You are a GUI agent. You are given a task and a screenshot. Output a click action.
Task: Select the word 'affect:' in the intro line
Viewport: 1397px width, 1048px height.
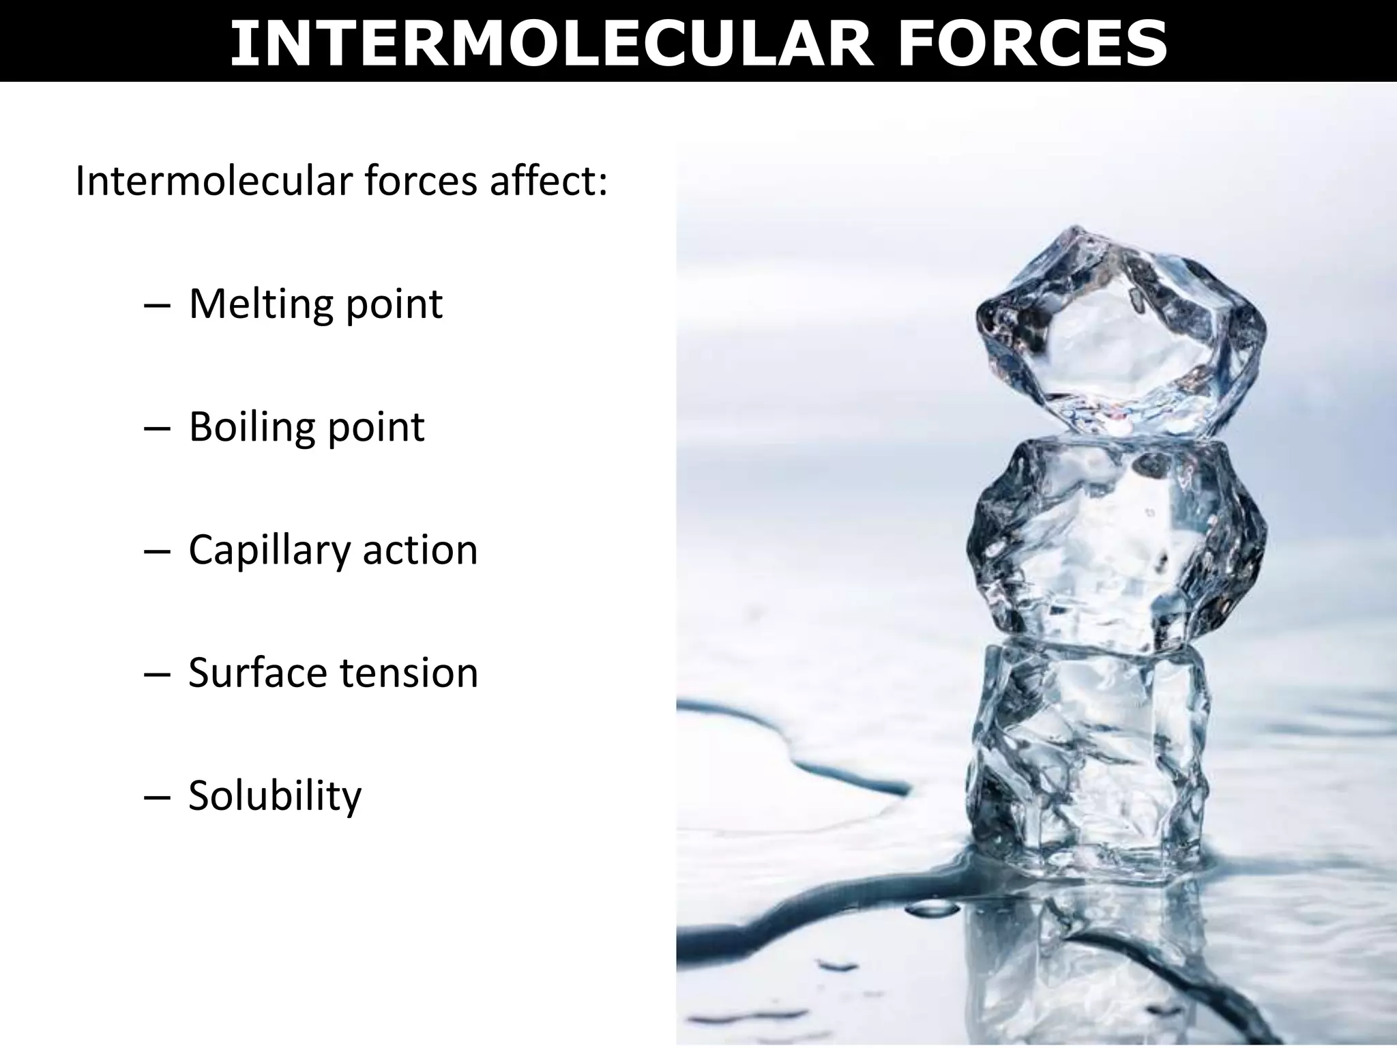[x=548, y=181]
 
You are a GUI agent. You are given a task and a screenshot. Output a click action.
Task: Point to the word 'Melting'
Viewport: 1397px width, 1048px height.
[x=262, y=304]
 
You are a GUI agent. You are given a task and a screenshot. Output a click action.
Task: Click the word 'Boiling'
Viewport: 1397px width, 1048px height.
[x=251, y=427]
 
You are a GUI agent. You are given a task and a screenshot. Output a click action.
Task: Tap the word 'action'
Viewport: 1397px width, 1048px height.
[x=420, y=550]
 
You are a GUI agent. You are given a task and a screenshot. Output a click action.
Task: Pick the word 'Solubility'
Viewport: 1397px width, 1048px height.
[x=274, y=796]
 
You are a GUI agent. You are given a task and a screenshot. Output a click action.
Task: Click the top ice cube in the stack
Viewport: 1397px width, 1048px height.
[x=1119, y=334]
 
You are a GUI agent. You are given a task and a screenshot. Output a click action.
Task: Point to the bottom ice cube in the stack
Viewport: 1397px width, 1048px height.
[x=1088, y=764]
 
